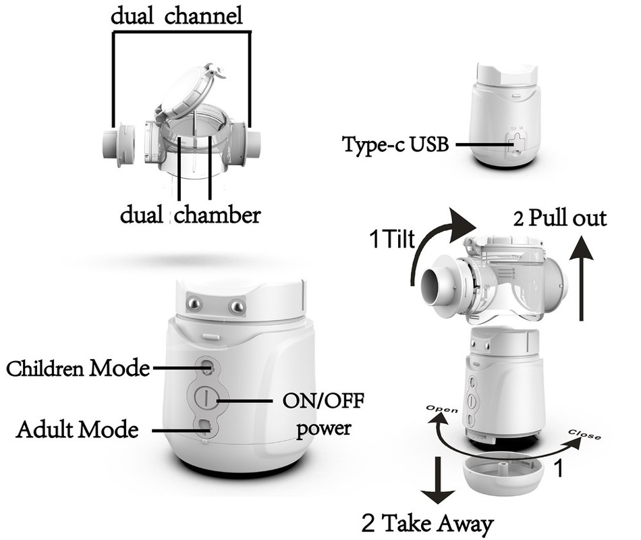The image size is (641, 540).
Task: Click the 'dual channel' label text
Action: pos(177,16)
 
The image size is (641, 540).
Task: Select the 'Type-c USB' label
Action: pos(395,144)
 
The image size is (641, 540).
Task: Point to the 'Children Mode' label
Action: pos(78,369)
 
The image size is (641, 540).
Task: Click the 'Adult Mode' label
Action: pos(77,429)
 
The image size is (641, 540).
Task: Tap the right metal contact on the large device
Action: pos(237,306)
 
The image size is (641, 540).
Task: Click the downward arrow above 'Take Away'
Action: pos(443,480)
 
